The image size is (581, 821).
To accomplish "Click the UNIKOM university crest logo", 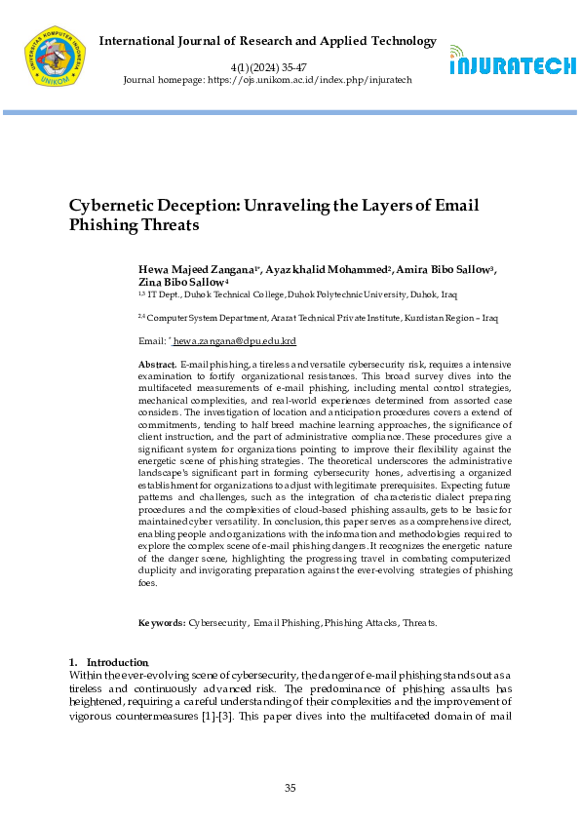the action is [x=54, y=57].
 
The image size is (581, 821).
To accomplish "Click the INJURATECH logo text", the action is [x=512, y=66].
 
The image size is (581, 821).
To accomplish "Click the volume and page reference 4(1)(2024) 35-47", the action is [x=267, y=65].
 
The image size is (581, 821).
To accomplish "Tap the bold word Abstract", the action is [x=158, y=363].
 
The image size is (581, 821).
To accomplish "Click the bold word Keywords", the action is [x=162, y=621].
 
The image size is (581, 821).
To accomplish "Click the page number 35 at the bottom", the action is [x=290, y=788].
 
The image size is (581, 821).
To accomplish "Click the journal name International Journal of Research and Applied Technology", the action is [x=268, y=41].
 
